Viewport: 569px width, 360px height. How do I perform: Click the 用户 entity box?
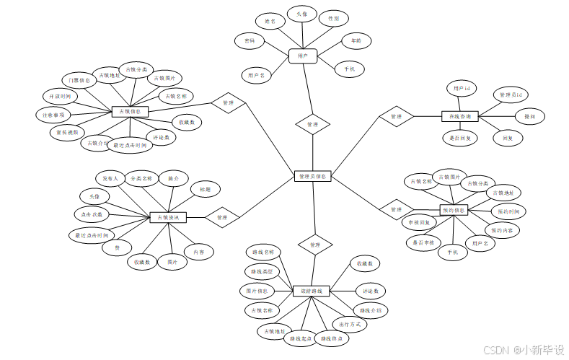click(302, 55)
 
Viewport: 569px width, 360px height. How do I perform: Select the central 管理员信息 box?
click(313, 176)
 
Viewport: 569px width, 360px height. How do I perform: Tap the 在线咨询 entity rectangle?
click(460, 116)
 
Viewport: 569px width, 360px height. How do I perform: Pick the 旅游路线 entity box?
click(312, 291)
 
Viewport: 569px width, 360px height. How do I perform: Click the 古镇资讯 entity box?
click(168, 217)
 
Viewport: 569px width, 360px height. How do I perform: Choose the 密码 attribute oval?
click(250, 41)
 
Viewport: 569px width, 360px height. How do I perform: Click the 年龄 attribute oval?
click(356, 41)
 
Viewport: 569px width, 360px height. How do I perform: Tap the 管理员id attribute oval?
click(511, 95)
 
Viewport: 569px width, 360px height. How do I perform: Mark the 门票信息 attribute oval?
click(75, 80)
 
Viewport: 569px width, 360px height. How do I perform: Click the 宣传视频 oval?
click(67, 132)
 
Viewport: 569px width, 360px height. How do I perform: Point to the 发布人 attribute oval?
click(110, 177)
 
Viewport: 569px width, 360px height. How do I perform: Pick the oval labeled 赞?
click(117, 247)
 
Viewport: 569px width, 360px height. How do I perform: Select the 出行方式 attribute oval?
click(349, 325)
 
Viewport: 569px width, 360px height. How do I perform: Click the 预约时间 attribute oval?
click(508, 211)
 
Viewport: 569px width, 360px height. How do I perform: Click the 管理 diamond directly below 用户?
click(312, 125)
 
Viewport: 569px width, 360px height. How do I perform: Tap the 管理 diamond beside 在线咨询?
click(396, 116)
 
